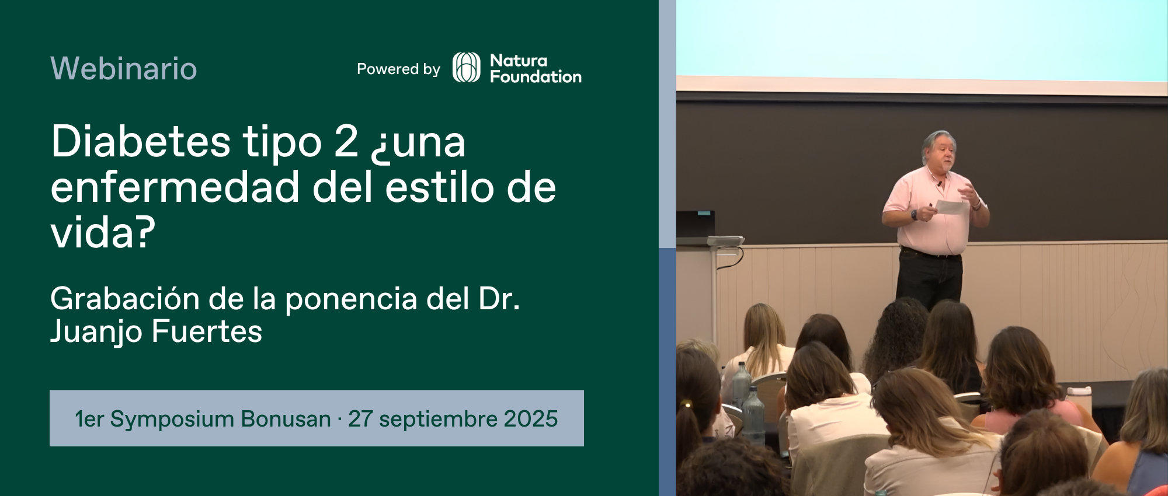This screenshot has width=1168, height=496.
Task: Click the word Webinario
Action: (124, 68)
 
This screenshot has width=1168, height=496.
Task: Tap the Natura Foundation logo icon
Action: (467, 68)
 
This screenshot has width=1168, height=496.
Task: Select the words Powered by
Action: (398, 69)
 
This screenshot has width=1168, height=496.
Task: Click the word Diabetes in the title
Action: (141, 141)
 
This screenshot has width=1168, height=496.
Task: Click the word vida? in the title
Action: (103, 232)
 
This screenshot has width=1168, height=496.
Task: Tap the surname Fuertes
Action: (207, 331)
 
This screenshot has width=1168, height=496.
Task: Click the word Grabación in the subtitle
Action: (126, 299)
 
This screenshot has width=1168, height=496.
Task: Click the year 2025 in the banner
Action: (531, 419)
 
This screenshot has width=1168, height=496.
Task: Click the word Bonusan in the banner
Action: (286, 419)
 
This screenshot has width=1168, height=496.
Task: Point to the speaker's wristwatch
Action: (914, 215)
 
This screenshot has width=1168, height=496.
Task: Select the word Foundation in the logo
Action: (536, 76)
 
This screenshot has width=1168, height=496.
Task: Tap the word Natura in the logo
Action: (519, 60)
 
